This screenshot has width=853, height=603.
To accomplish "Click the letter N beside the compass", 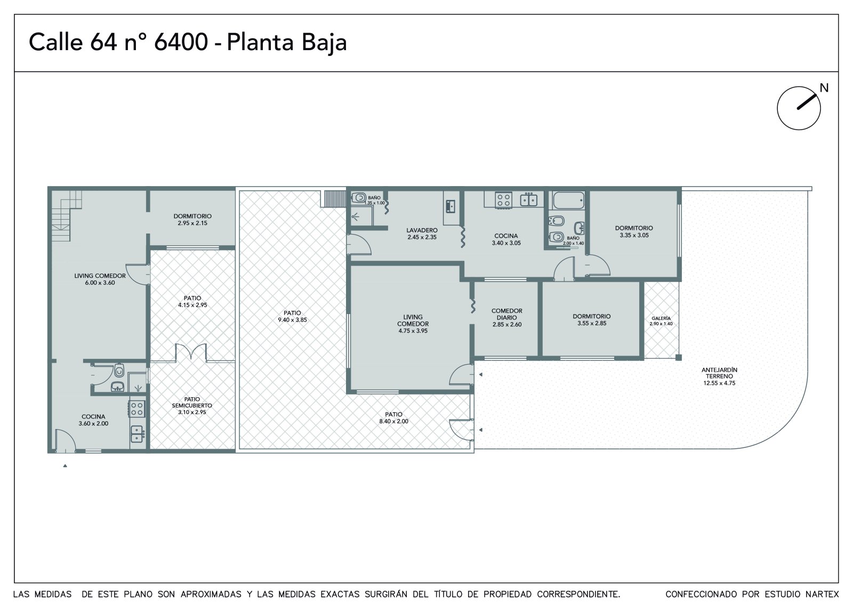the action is pyautogui.click(x=824, y=88).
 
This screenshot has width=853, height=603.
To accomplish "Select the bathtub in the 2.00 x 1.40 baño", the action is pyautogui.click(x=568, y=200).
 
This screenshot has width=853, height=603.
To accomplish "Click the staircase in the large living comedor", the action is pyautogui.click(x=67, y=215).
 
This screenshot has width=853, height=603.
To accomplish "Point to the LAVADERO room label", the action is pyautogui.click(x=422, y=230).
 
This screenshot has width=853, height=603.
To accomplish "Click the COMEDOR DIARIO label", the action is pyautogui.click(x=507, y=314).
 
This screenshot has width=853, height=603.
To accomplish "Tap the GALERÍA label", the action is pyautogui.click(x=661, y=318).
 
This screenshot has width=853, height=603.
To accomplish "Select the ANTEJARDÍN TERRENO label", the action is pyautogui.click(x=719, y=373).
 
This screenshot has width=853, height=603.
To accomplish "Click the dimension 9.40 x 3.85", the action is pyautogui.click(x=293, y=320).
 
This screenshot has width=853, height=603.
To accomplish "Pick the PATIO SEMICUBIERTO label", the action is pyautogui.click(x=192, y=402).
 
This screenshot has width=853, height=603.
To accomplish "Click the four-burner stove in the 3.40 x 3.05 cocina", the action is pyautogui.click(x=503, y=199).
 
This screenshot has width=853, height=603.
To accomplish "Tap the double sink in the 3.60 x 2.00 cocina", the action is pyautogui.click(x=138, y=434).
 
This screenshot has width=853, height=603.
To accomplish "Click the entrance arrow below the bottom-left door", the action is pyautogui.click(x=65, y=465).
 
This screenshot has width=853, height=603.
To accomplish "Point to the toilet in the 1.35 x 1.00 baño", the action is pyautogui.click(x=358, y=198).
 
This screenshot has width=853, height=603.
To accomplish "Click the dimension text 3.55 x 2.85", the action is pyautogui.click(x=592, y=324).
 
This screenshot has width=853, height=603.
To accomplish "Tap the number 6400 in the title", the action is pyautogui.click(x=181, y=42).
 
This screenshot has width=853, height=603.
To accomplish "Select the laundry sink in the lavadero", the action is pyautogui.click(x=450, y=206).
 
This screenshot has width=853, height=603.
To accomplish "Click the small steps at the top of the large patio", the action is pyautogui.click(x=333, y=198).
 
